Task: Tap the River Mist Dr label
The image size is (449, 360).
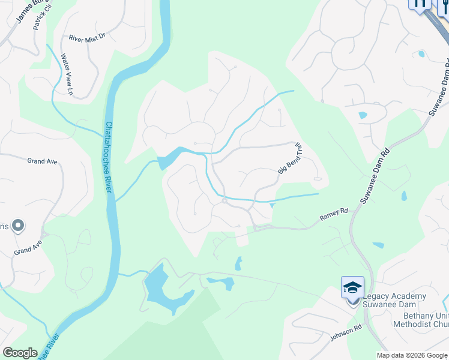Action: tap(87, 37)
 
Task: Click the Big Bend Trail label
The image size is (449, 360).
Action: tap(289, 161)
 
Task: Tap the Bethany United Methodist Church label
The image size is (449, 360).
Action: tap(420, 320)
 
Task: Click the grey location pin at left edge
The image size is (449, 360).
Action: tap(17, 226)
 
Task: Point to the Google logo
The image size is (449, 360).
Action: tap(20, 353)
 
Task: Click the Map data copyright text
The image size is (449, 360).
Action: tap(412, 355)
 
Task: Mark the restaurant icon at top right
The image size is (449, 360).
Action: tap(420, 3)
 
